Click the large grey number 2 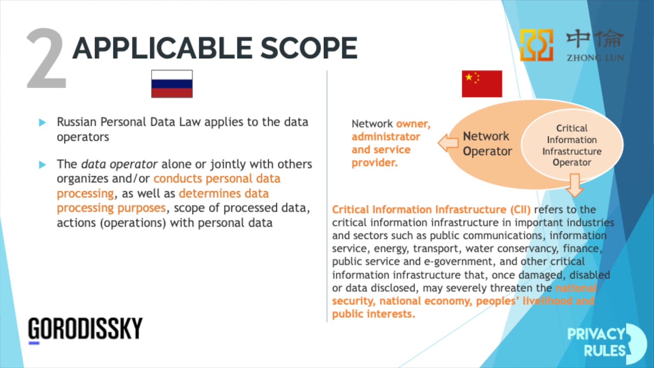tap(46, 59)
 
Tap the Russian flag tap(172, 84)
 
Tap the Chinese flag tap(482, 84)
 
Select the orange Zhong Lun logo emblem tap(536, 45)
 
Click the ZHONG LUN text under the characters tap(595, 58)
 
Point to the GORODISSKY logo tap(85, 329)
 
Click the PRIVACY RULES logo tap(605, 341)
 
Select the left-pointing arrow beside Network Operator tap(448, 144)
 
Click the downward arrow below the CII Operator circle tap(575, 185)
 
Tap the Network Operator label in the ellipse tap(486, 144)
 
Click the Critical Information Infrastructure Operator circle tap(572, 145)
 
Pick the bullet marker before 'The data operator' tap(42, 165)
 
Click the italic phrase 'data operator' tap(119, 165)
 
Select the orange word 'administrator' tap(385, 137)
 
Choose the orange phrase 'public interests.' tap(373, 314)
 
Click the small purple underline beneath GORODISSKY tap(34, 343)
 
